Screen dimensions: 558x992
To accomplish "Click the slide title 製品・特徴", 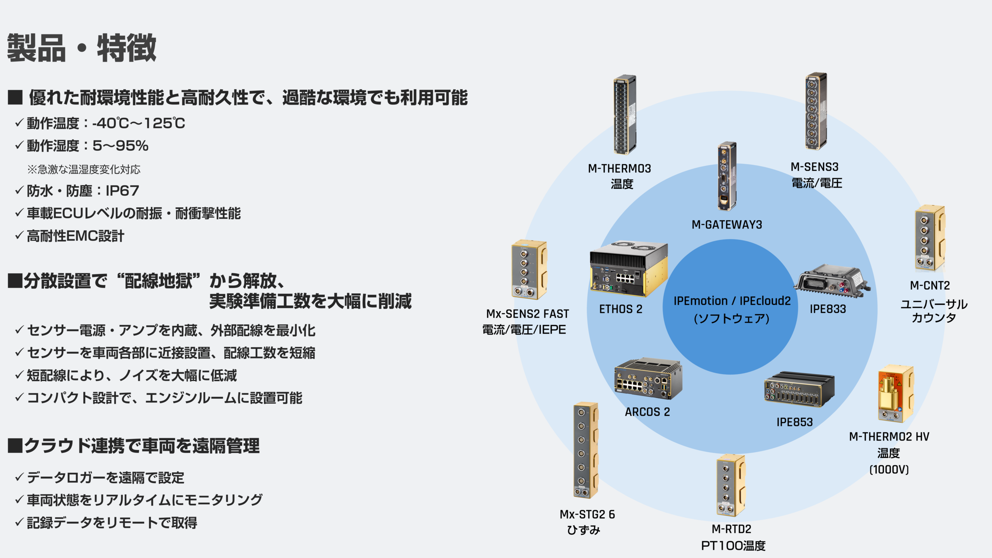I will point(81,48).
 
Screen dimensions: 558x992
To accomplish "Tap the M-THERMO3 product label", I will point(619,169).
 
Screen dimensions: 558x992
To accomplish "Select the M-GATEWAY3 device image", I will point(727,176).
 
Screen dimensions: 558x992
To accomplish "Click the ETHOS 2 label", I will point(620,309).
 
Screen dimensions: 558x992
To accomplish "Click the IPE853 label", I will point(794,422).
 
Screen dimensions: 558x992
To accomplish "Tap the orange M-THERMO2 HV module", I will point(895,393).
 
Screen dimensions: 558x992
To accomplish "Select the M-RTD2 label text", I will point(731,529).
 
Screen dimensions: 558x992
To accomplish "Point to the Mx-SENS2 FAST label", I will point(527,313).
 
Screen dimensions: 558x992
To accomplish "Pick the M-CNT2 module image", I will point(930,238).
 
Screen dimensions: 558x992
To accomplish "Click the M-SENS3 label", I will point(815,167).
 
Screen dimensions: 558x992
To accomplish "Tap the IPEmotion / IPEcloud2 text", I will point(732,301).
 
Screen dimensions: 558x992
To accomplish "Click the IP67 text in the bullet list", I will point(122,191).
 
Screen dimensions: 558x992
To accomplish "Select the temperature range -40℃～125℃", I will point(138,123).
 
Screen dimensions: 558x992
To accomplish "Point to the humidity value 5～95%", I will point(120,146).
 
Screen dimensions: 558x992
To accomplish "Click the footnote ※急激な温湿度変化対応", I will point(84,169).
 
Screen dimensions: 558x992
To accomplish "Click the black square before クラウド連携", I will point(15,446).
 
